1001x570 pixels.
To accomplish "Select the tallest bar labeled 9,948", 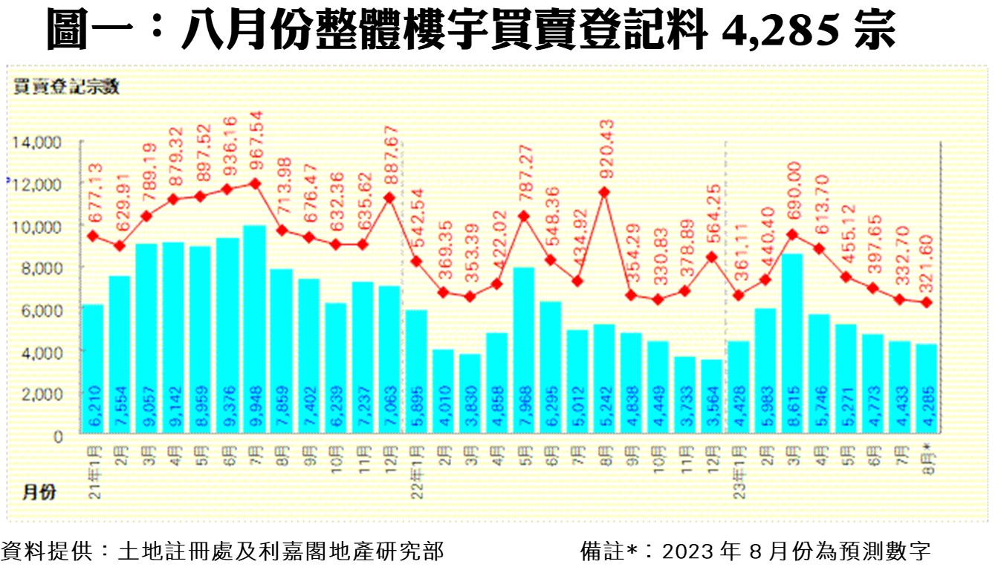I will click(255, 330).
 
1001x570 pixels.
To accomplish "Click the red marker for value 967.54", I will click(255, 183).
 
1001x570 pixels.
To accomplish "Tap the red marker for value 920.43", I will click(605, 192).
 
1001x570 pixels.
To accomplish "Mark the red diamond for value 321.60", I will click(926, 302).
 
